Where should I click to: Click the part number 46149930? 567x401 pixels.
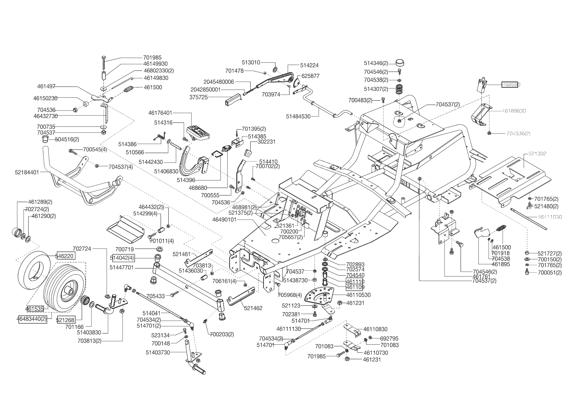point(155,64)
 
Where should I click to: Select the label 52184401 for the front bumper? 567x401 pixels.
point(27,172)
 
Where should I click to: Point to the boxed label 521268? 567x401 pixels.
point(65,320)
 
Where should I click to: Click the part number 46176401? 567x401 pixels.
point(160,113)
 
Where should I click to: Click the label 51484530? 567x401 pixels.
point(298,116)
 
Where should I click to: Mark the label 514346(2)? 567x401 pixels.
point(376,63)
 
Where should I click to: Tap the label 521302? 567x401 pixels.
point(537,154)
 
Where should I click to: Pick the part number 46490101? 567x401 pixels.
point(225,220)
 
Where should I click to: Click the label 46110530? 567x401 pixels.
point(358,295)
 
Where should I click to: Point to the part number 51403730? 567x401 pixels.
point(158,352)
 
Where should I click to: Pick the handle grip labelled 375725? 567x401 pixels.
point(233,99)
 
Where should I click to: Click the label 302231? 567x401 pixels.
point(266,142)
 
